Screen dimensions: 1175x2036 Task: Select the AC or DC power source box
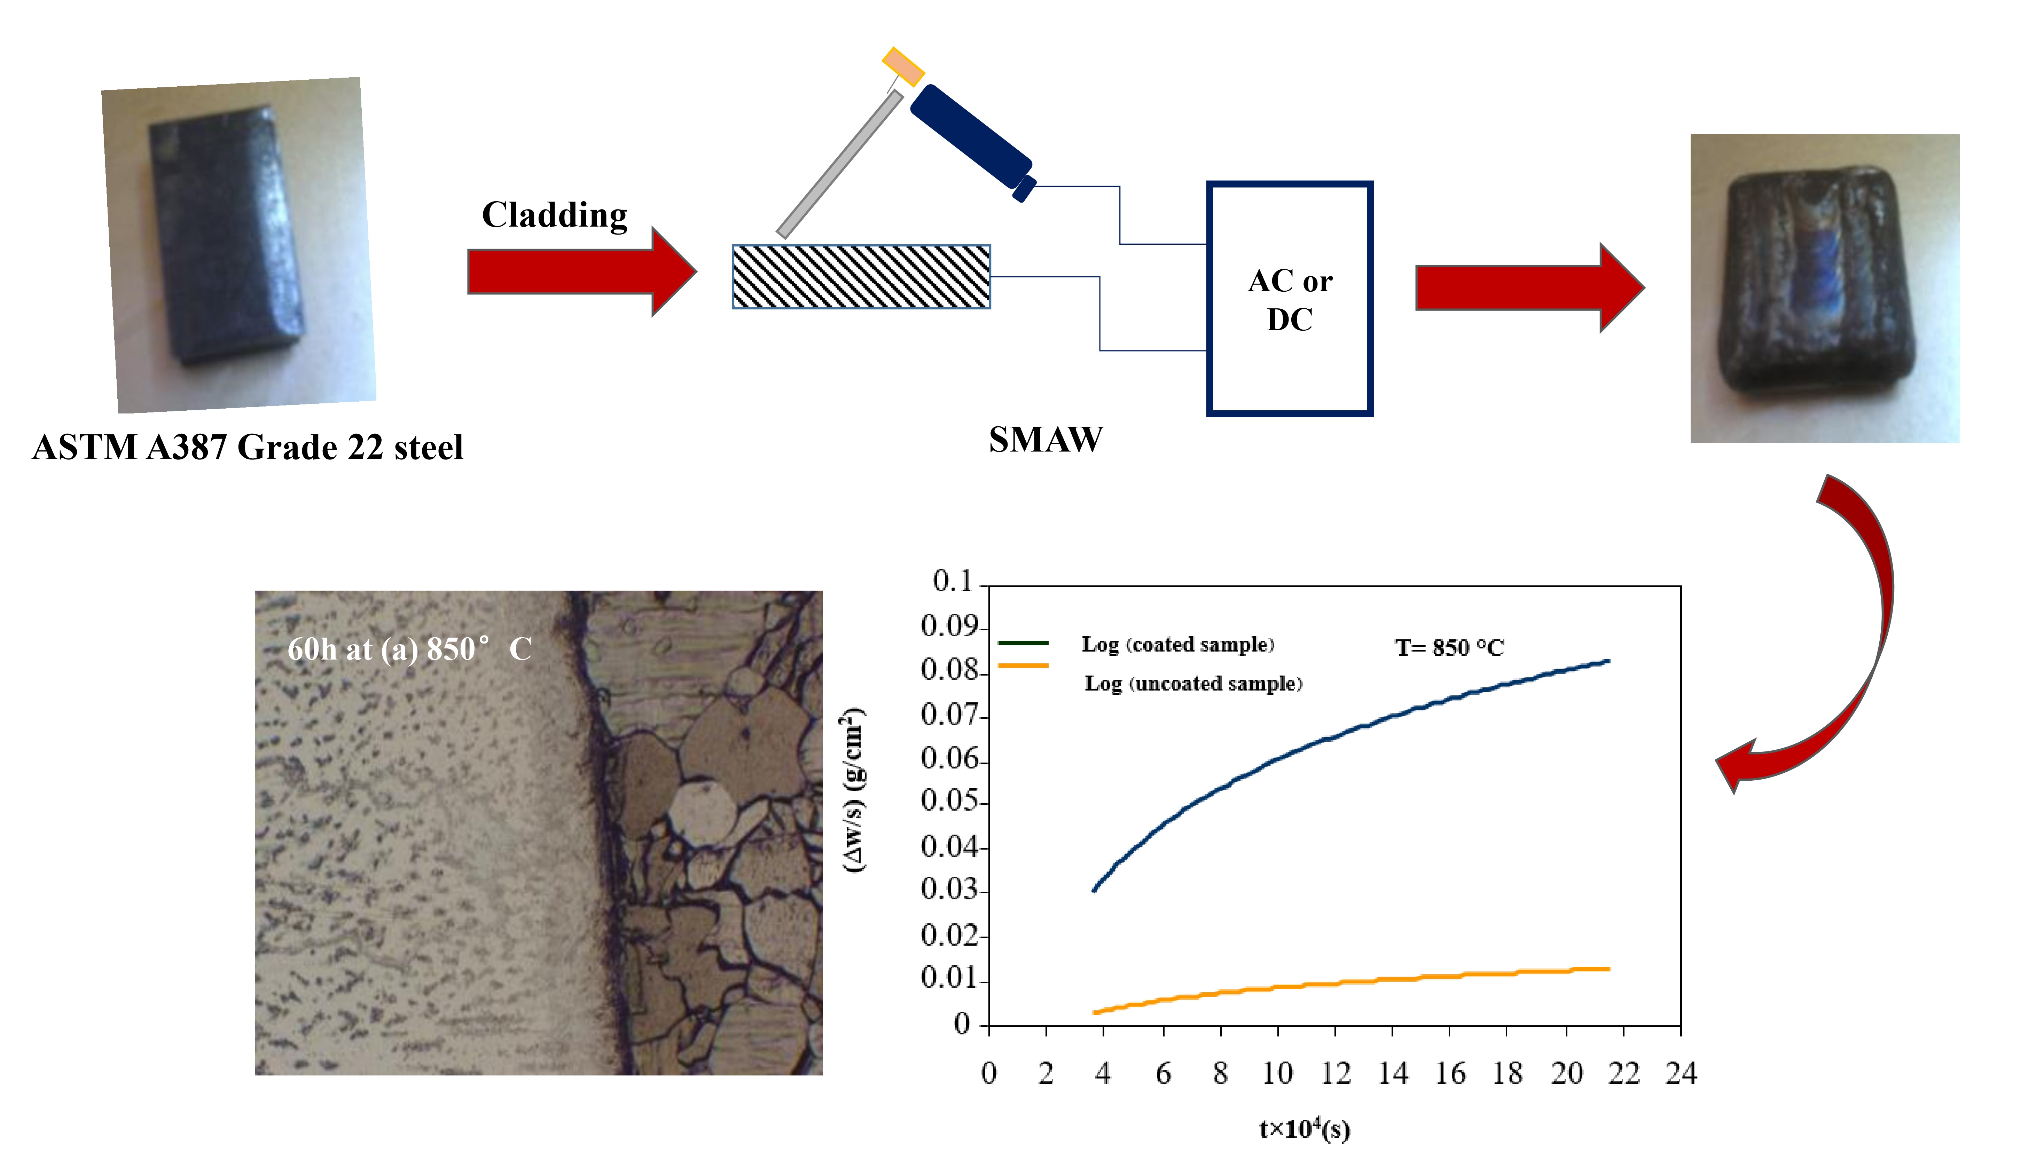click(1289, 299)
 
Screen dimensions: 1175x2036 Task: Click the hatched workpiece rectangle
click(861, 277)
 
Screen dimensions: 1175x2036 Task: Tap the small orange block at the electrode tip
click(902, 66)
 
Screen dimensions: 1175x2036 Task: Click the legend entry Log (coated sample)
click(1177, 644)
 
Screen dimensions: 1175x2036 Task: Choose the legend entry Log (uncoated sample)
click(1192, 684)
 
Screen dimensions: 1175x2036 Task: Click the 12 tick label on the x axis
click(1335, 1073)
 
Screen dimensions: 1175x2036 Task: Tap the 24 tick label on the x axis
click(1681, 1073)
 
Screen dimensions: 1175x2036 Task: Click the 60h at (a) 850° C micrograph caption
click(409, 649)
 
